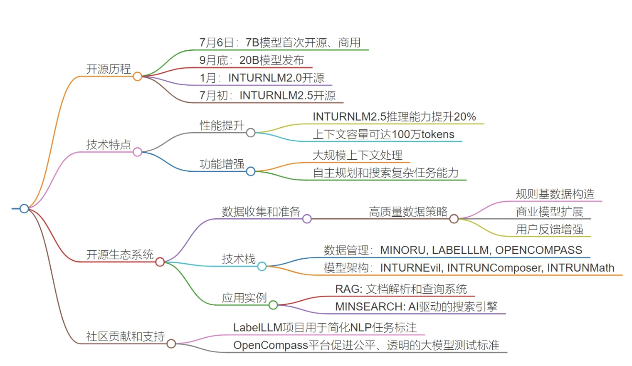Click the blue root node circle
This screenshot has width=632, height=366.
24,208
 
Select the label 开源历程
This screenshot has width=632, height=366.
109,69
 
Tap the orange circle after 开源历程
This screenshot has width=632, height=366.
138,77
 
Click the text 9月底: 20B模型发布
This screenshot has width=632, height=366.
252,60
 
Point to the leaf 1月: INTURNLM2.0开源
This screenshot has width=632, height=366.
262,78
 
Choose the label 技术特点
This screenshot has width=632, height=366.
109,145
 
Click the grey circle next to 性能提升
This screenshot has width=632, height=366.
251,133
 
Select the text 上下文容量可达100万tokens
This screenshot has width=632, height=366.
383,134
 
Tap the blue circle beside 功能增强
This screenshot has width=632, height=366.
251,171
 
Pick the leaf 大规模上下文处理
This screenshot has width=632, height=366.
358,155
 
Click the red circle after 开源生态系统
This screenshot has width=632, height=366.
160,262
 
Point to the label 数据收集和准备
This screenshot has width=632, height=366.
261,212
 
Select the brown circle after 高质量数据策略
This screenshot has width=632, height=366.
454,219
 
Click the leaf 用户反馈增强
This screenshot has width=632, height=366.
549,229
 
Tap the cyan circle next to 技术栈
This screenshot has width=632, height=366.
262,266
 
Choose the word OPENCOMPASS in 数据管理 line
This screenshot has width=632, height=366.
538,250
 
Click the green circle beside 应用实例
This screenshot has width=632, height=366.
273,305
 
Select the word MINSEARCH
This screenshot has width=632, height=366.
369,307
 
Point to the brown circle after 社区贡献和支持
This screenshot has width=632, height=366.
171,344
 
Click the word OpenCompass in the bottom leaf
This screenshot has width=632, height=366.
271,345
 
